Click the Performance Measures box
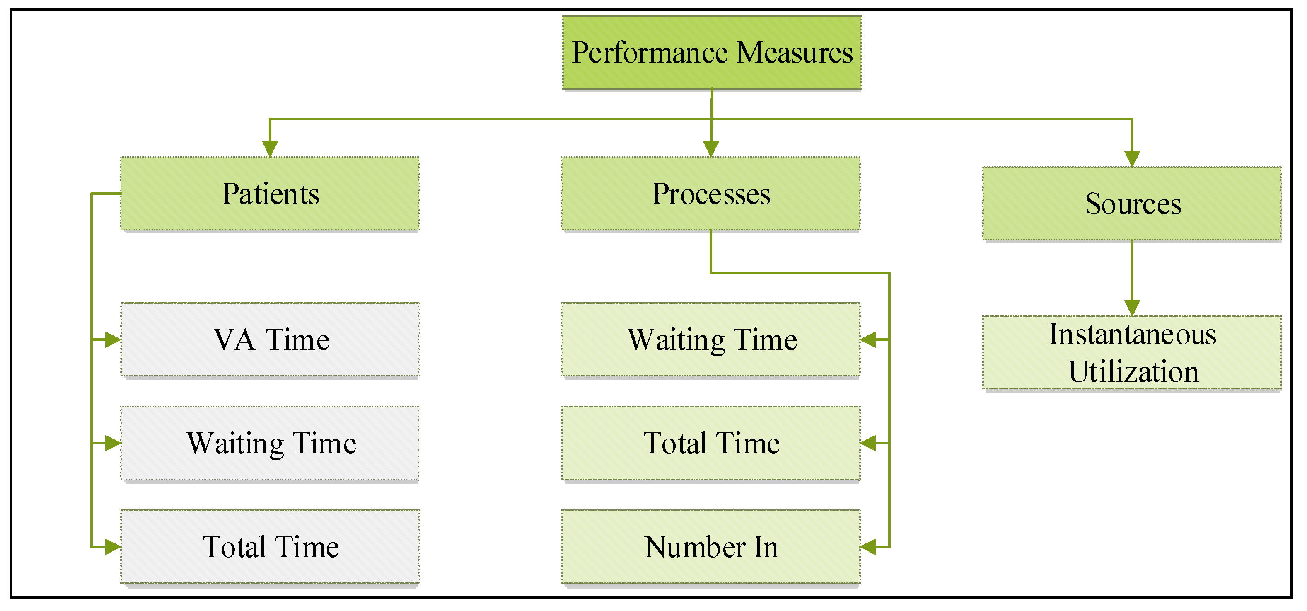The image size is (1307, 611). (712, 53)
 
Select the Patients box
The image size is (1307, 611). (270, 194)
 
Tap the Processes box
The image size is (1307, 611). (711, 194)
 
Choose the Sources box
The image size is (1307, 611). (1132, 204)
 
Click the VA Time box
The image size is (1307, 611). (270, 340)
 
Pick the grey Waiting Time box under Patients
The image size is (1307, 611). (270, 444)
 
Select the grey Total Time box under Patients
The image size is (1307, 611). (270, 547)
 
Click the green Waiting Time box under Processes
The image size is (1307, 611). (711, 340)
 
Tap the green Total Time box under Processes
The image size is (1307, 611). (711, 444)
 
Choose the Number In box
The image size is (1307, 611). (711, 547)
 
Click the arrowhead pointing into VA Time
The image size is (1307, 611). (113, 340)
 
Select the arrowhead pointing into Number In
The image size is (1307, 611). (869, 547)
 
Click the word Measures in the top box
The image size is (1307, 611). (795, 53)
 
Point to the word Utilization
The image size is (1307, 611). (1133, 372)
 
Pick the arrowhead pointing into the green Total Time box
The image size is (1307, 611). (869, 444)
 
